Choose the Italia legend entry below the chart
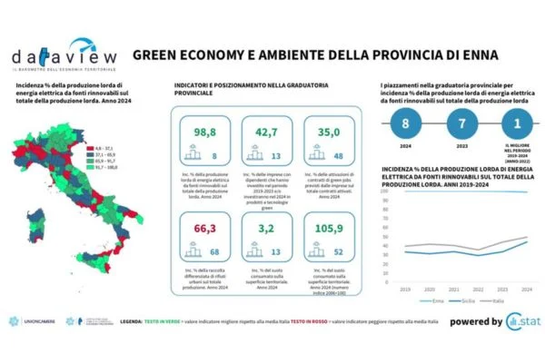click(x=497, y=299)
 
